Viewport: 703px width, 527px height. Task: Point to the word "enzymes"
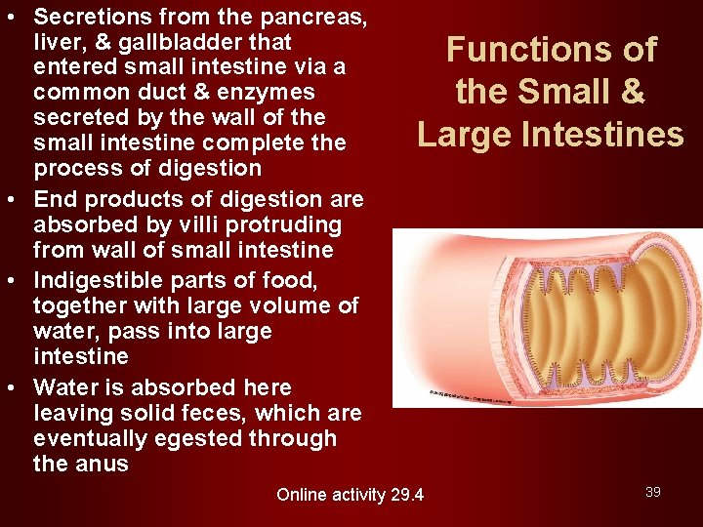pyautogui.click(x=267, y=93)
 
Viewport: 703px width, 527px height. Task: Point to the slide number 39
pyautogui.click(x=653, y=492)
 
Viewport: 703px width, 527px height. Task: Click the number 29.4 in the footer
pyautogui.click(x=405, y=495)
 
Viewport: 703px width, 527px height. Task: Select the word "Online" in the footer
pyautogui.click(x=304, y=495)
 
